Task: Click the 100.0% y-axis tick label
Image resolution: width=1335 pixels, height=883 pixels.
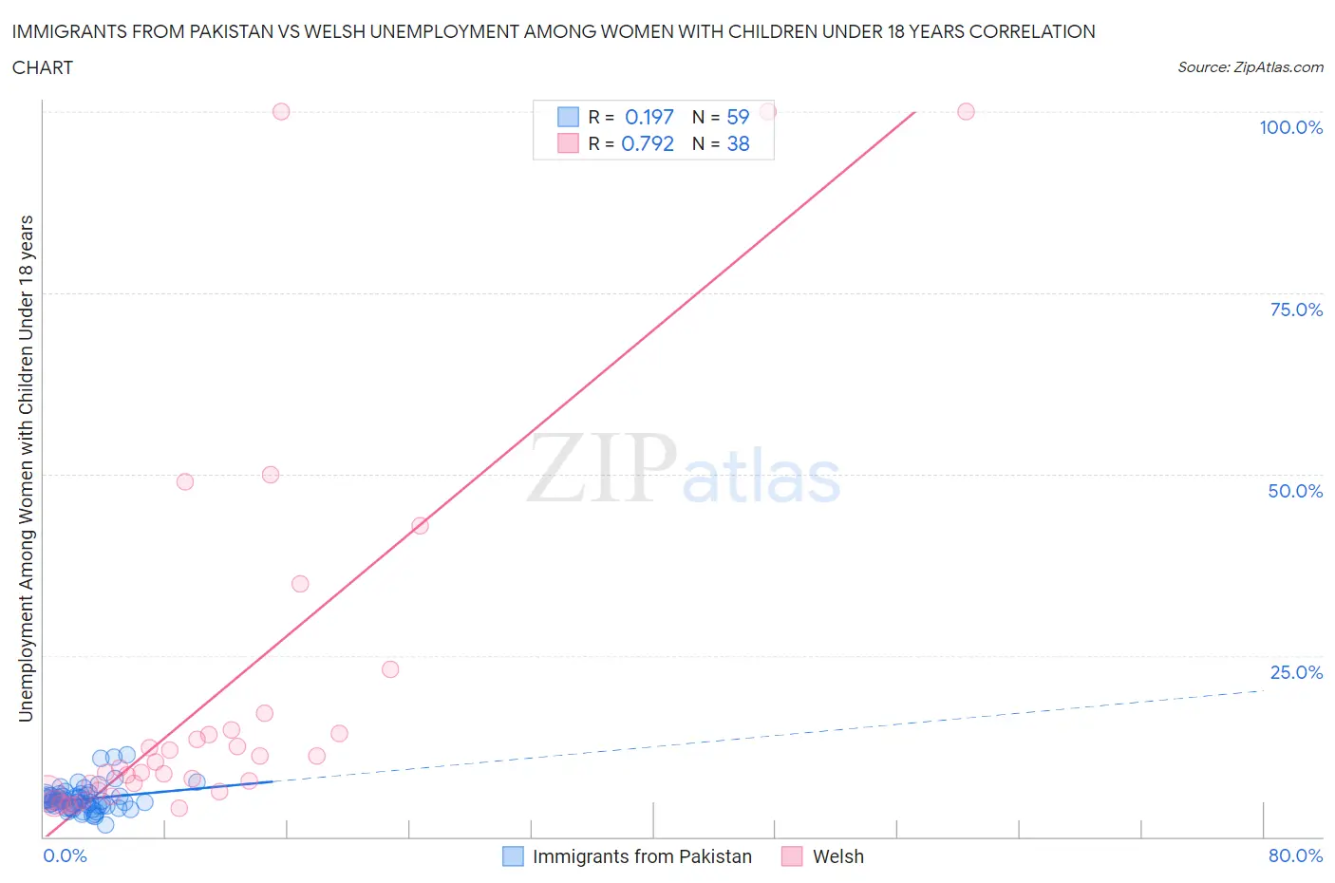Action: tap(1290, 127)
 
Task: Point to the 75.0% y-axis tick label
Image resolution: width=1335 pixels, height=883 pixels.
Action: tap(1296, 310)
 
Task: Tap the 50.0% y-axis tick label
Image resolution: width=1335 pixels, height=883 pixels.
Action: tap(1295, 491)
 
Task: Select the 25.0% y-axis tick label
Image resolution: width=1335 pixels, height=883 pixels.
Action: tap(1296, 672)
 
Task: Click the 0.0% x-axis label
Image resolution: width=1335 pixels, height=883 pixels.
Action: tap(65, 855)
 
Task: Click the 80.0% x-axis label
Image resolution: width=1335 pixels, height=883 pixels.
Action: tap(1295, 855)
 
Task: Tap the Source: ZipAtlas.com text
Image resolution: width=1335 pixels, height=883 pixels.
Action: tap(1250, 67)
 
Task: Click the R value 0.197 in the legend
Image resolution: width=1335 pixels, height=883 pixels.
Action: tap(649, 117)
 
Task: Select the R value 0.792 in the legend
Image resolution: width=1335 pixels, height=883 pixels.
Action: tap(647, 143)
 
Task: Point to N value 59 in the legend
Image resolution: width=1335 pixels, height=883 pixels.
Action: tap(738, 117)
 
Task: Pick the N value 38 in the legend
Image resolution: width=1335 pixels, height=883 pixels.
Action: tap(738, 143)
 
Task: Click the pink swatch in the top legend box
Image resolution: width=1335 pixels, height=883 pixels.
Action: tap(568, 143)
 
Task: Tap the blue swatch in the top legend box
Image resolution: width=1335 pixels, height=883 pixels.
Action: tap(568, 117)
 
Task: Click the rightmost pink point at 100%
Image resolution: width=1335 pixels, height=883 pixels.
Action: tap(966, 111)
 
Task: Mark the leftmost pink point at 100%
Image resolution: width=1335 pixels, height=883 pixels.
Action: tap(281, 111)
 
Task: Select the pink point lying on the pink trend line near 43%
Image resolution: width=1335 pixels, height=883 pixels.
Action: tap(420, 525)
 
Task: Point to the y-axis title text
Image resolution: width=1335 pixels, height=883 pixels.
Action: tap(26, 468)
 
